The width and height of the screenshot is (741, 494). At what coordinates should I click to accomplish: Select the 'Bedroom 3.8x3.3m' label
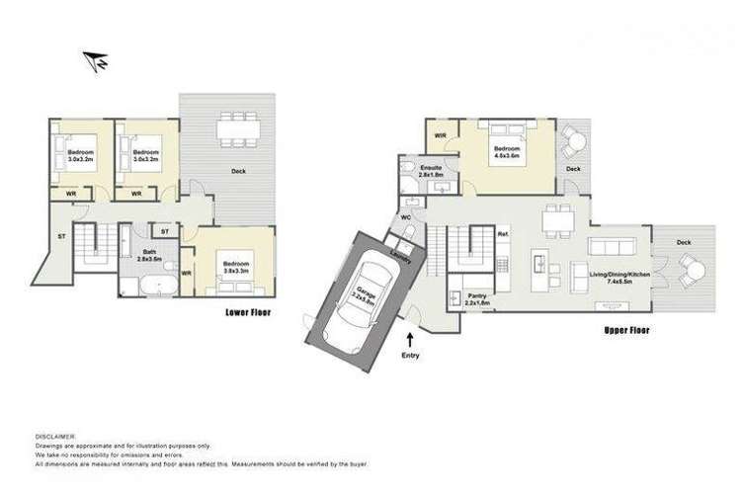tap(235, 268)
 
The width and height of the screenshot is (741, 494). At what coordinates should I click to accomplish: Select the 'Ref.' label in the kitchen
tap(503, 234)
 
